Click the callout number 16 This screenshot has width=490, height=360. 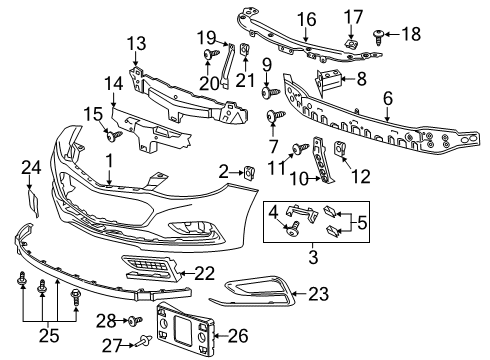pyautogui.click(x=305, y=17)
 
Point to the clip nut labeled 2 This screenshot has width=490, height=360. pyautogui.click(x=246, y=174)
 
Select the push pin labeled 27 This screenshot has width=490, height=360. pyautogui.click(x=145, y=342)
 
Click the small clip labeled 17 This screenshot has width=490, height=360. pyautogui.click(x=352, y=42)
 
